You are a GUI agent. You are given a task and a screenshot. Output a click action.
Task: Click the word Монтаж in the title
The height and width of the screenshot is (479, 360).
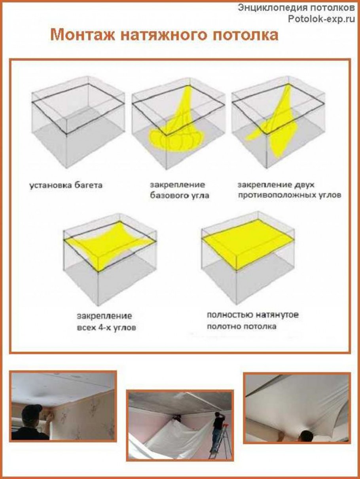[83, 35]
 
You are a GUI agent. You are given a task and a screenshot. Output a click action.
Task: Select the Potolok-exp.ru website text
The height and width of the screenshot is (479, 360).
[321, 19]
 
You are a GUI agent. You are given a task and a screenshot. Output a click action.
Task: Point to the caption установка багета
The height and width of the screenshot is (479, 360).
[66, 186]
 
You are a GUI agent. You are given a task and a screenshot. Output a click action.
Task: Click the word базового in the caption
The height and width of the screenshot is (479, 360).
[167, 195]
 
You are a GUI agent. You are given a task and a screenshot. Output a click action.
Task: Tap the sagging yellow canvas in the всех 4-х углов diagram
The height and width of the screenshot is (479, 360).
[109, 247]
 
